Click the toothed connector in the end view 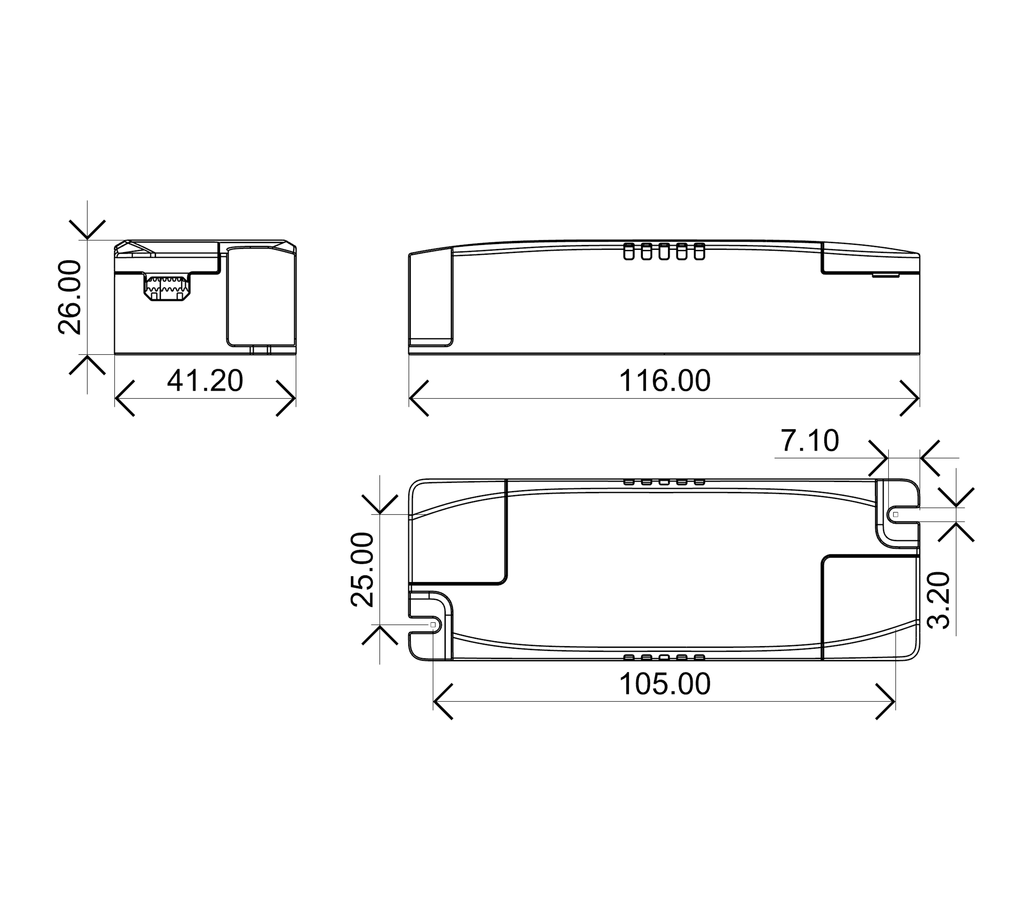tap(167, 288)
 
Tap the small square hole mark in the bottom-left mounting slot tap(433, 625)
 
